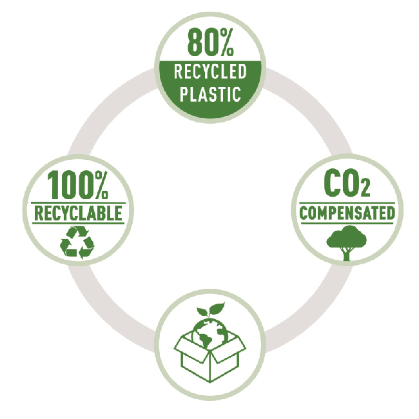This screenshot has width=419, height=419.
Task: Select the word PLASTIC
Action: point(209,93)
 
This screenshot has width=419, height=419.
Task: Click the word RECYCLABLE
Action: point(78,213)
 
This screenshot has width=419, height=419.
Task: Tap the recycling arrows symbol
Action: point(77,241)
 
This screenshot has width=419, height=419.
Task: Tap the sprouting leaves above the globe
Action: point(211,309)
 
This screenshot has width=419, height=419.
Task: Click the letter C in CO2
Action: point(331,185)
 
